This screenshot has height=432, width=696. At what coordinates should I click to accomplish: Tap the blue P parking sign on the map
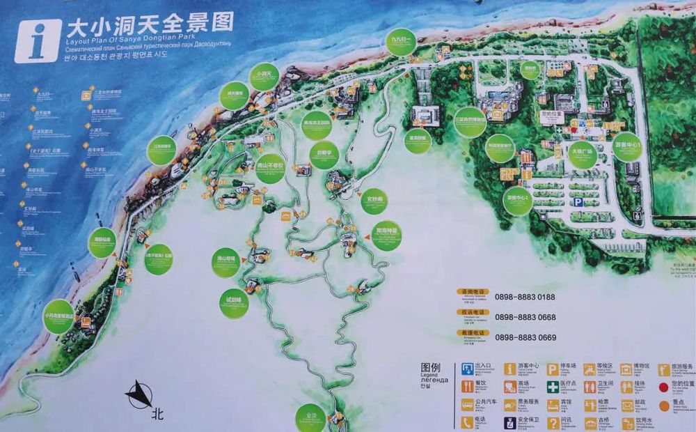578,201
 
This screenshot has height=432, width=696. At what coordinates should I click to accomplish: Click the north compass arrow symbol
140,396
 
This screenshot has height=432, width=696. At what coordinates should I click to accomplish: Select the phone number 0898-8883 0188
525,297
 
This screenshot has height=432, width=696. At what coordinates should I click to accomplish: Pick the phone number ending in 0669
525,337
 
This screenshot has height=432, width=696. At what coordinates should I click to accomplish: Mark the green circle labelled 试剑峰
234,304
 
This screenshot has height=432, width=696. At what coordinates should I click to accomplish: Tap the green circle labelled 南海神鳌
386,236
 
